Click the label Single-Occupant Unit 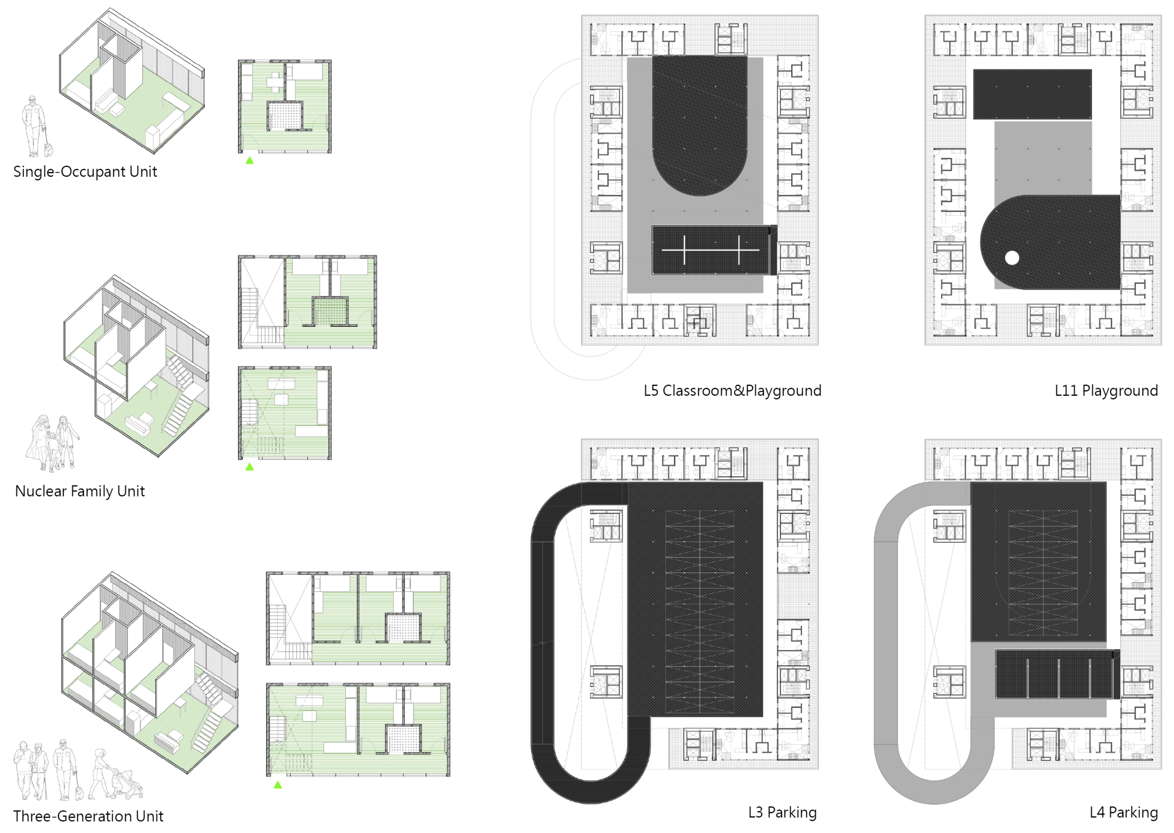pos(85,172)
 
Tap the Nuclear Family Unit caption pos(80,491)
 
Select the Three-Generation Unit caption pos(88,816)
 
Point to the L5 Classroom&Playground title pos(732,391)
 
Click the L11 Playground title pos(1106,391)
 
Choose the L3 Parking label pos(782,812)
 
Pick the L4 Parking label pos(1124,812)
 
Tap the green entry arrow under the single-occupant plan pos(250,160)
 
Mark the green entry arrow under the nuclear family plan pos(250,467)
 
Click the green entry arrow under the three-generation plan pos(278,785)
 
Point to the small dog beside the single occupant pos(48,150)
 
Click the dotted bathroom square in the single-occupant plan pos(285,116)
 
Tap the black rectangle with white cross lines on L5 pos(711,250)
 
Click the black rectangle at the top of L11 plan pos(1032,94)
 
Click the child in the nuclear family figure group pos(53,451)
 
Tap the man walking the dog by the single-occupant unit pos(33,126)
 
